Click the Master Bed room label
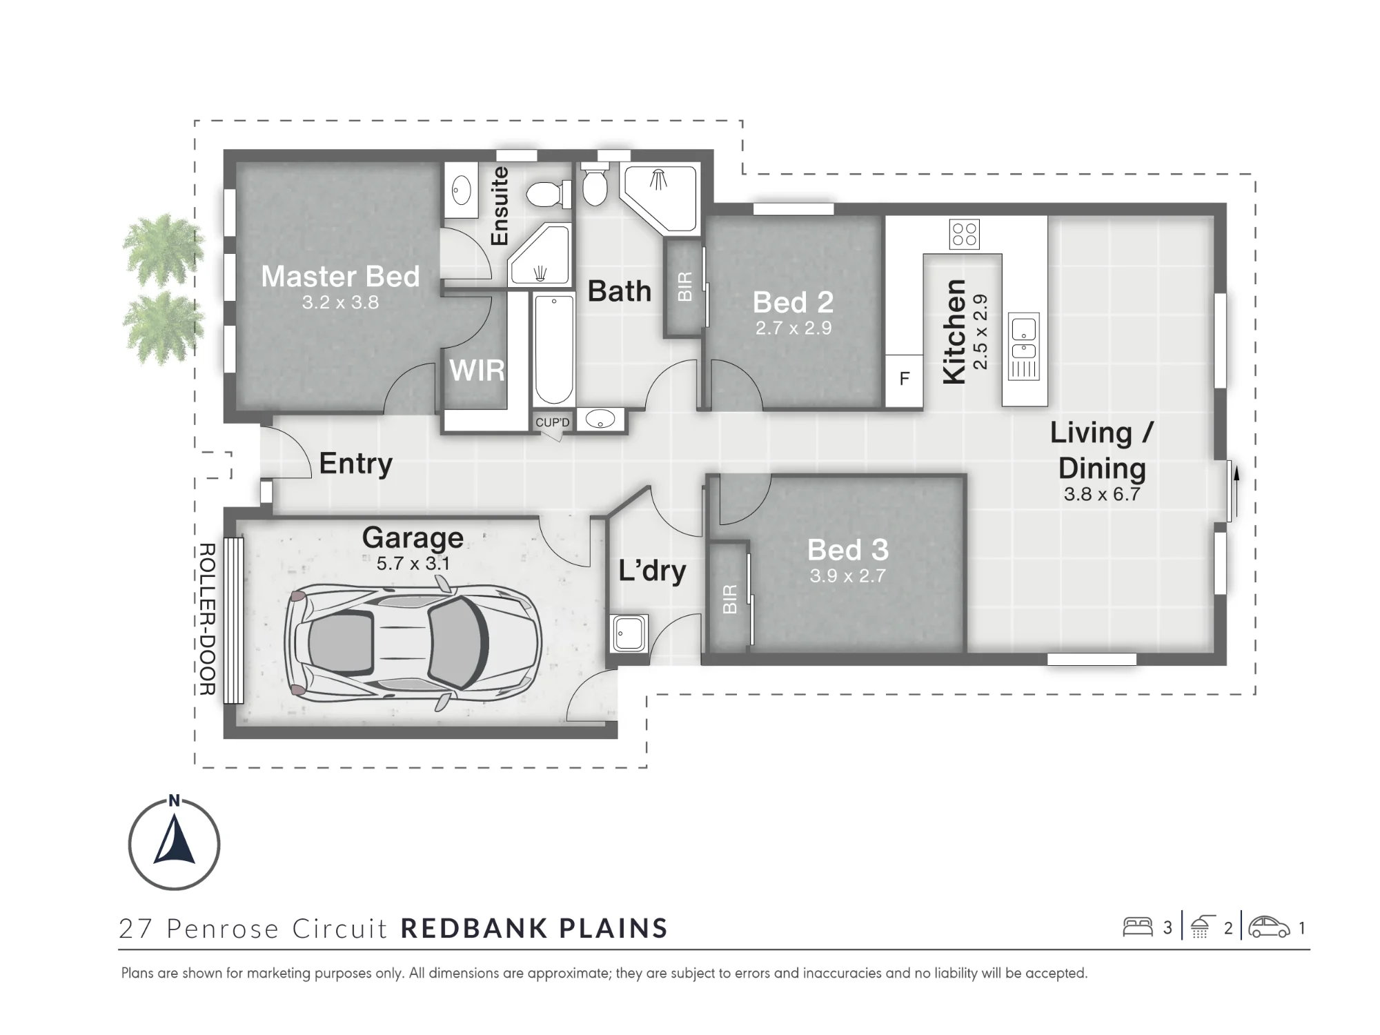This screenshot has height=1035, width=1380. click(340, 277)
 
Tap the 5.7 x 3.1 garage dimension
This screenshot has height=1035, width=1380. click(413, 564)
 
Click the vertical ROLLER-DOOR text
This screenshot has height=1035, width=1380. click(207, 619)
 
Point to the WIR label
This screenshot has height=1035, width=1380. click(477, 371)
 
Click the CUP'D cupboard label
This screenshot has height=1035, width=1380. click(553, 422)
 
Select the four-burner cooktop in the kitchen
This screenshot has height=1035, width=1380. click(964, 234)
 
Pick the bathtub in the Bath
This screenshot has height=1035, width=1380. click(554, 349)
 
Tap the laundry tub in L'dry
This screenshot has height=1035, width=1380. click(629, 633)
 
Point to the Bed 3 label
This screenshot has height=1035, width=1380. click(848, 550)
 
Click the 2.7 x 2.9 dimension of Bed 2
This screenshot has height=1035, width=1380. click(793, 328)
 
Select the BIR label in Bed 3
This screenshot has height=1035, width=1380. click(730, 599)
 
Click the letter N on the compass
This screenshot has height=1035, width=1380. click(175, 800)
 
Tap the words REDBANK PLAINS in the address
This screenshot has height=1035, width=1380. click(534, 929)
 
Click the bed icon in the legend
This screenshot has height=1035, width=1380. click(1138, 927)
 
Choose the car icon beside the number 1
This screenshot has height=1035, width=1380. click(1269, 927)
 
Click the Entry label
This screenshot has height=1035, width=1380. click(355, 464)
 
